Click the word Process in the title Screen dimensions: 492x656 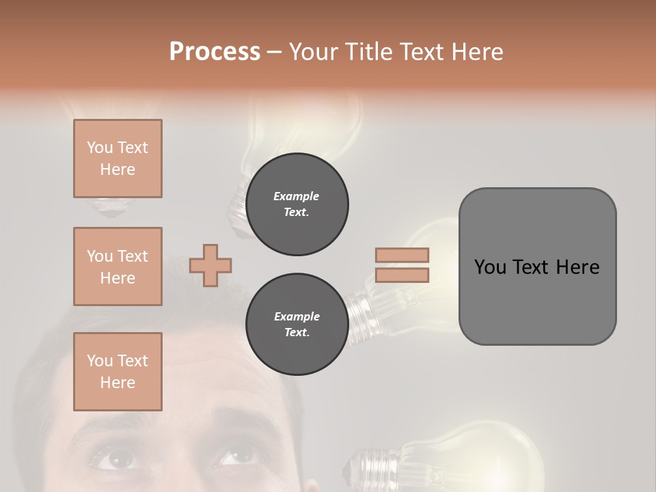click(215, 52)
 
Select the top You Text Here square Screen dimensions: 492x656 click(118, 159)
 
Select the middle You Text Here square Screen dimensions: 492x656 click(118, 266)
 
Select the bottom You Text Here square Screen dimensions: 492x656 click(118, 372)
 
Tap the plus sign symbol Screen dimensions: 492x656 click(210, 265)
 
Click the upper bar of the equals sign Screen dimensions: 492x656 click(402, 256)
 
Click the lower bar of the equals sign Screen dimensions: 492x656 click(402, 275)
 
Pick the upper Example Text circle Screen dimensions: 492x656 click(297, 204)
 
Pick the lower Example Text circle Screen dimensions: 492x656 click(297, 325)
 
